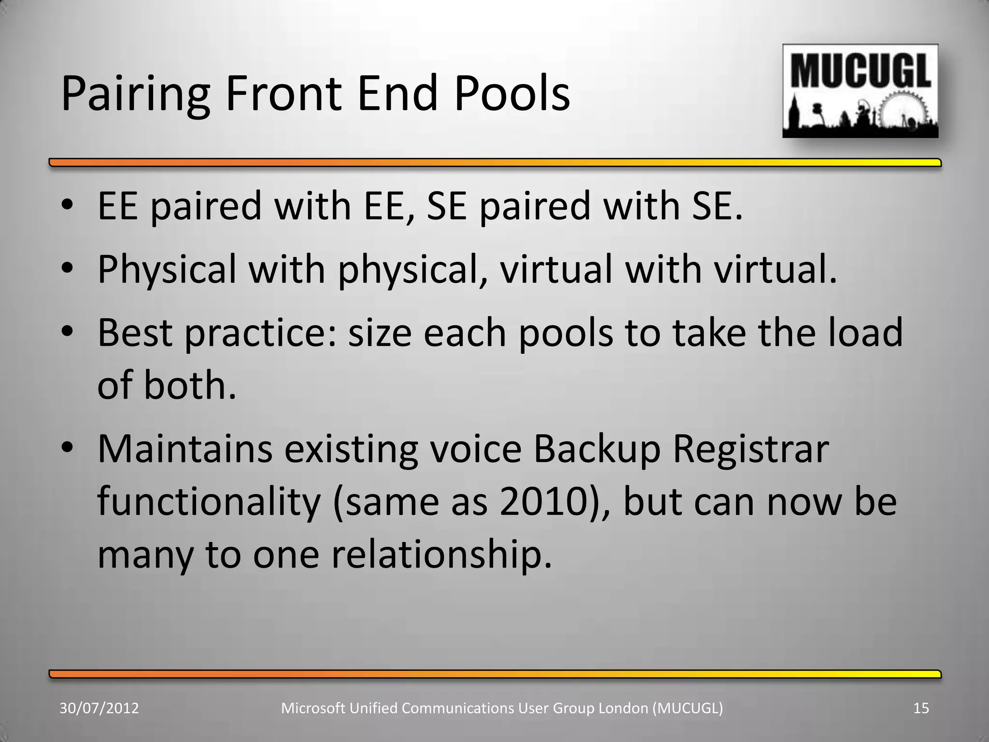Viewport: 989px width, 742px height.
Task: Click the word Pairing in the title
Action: [x=135, y=94]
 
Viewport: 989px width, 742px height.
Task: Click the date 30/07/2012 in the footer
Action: [x=99, y=708]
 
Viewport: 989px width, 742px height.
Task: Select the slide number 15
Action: [x=921, y=708]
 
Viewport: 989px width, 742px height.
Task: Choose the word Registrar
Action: [x=750, y=449]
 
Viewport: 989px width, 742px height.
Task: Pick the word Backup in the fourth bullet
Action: [x=597, y=449]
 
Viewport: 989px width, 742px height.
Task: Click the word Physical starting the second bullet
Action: [x=167, y=269]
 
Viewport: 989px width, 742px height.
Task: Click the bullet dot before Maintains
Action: [x=67, y=447]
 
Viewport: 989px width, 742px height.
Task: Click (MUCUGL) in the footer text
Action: [x=687, y=708]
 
